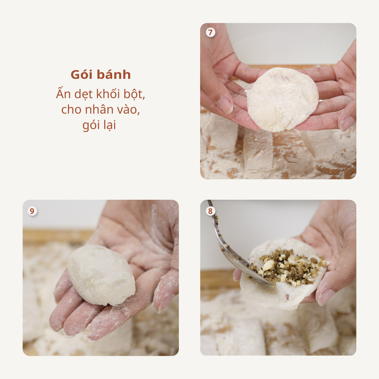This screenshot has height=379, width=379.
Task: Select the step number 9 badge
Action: pos(33,211)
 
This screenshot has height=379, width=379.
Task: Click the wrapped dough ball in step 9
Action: pos(101,275)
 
